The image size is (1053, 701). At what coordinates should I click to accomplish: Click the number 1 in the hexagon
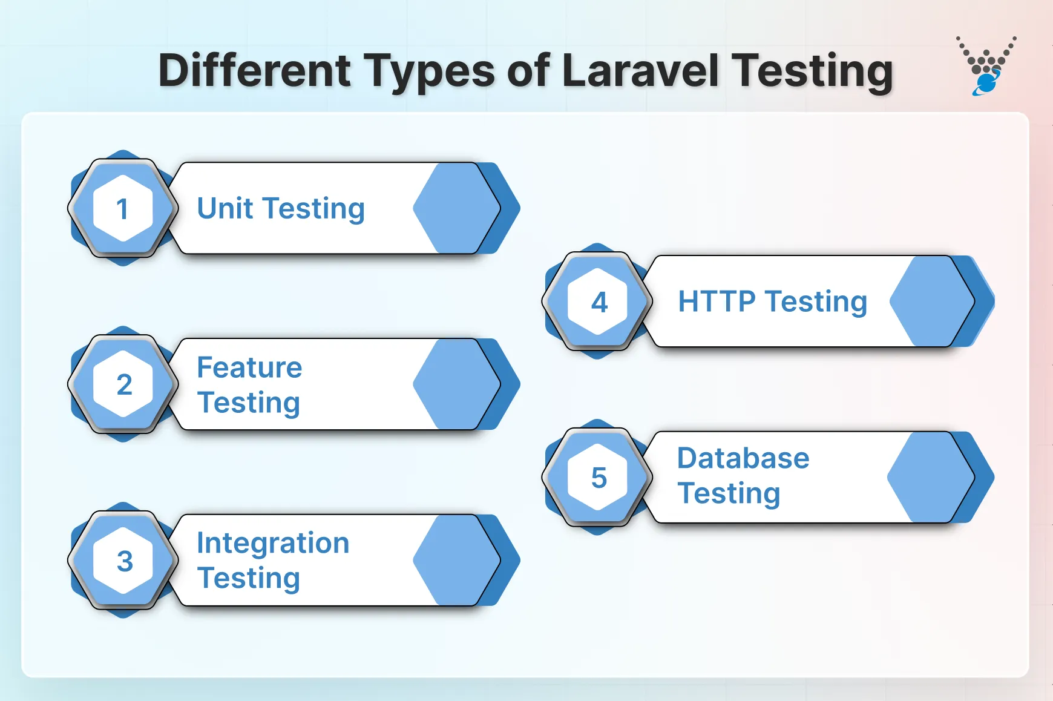[x=123, y=209]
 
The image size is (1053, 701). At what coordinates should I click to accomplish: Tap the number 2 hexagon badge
[x=123, y=384]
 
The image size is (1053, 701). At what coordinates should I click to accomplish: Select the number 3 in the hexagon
[x=124, y=561]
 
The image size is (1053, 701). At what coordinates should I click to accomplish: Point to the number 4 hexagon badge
[x=599, y=301]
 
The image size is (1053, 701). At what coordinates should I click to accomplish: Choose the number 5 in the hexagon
[x=599, y=478]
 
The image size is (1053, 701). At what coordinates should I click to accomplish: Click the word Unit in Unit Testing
[x=225, y=208]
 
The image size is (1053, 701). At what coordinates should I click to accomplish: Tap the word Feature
[x=249, y=367]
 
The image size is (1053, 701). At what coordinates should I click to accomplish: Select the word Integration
[x=273, y=543]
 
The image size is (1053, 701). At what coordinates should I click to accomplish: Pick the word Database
[x=743, y=458]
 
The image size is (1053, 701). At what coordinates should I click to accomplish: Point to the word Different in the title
[x=254, y=71]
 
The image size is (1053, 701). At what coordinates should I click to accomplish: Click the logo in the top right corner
[x=986, y=65]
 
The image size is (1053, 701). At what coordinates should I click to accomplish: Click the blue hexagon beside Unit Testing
[x=457, y=208]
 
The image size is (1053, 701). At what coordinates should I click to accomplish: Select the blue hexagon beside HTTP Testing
[x=932, y=301]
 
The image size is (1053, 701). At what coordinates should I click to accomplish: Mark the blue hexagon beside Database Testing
[x=931, y=477]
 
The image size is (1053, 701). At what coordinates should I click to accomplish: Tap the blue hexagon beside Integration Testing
[x=457, y=560]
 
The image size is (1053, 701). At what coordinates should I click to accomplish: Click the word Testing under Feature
[x=249, y=403]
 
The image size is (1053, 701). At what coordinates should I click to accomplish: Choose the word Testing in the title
[x=812, y=71]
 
